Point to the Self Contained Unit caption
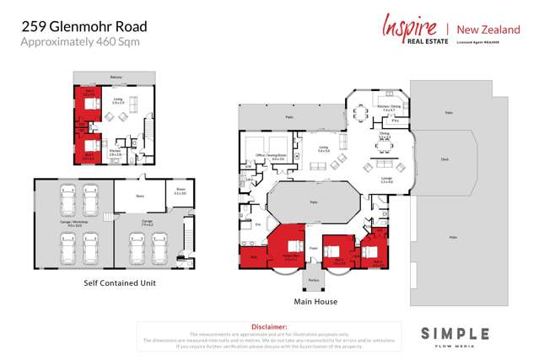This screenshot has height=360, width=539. [119, 282]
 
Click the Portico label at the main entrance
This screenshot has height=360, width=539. [313, 280]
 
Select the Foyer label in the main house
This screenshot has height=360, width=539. [312, 248]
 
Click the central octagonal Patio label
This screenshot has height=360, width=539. [313, 202]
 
